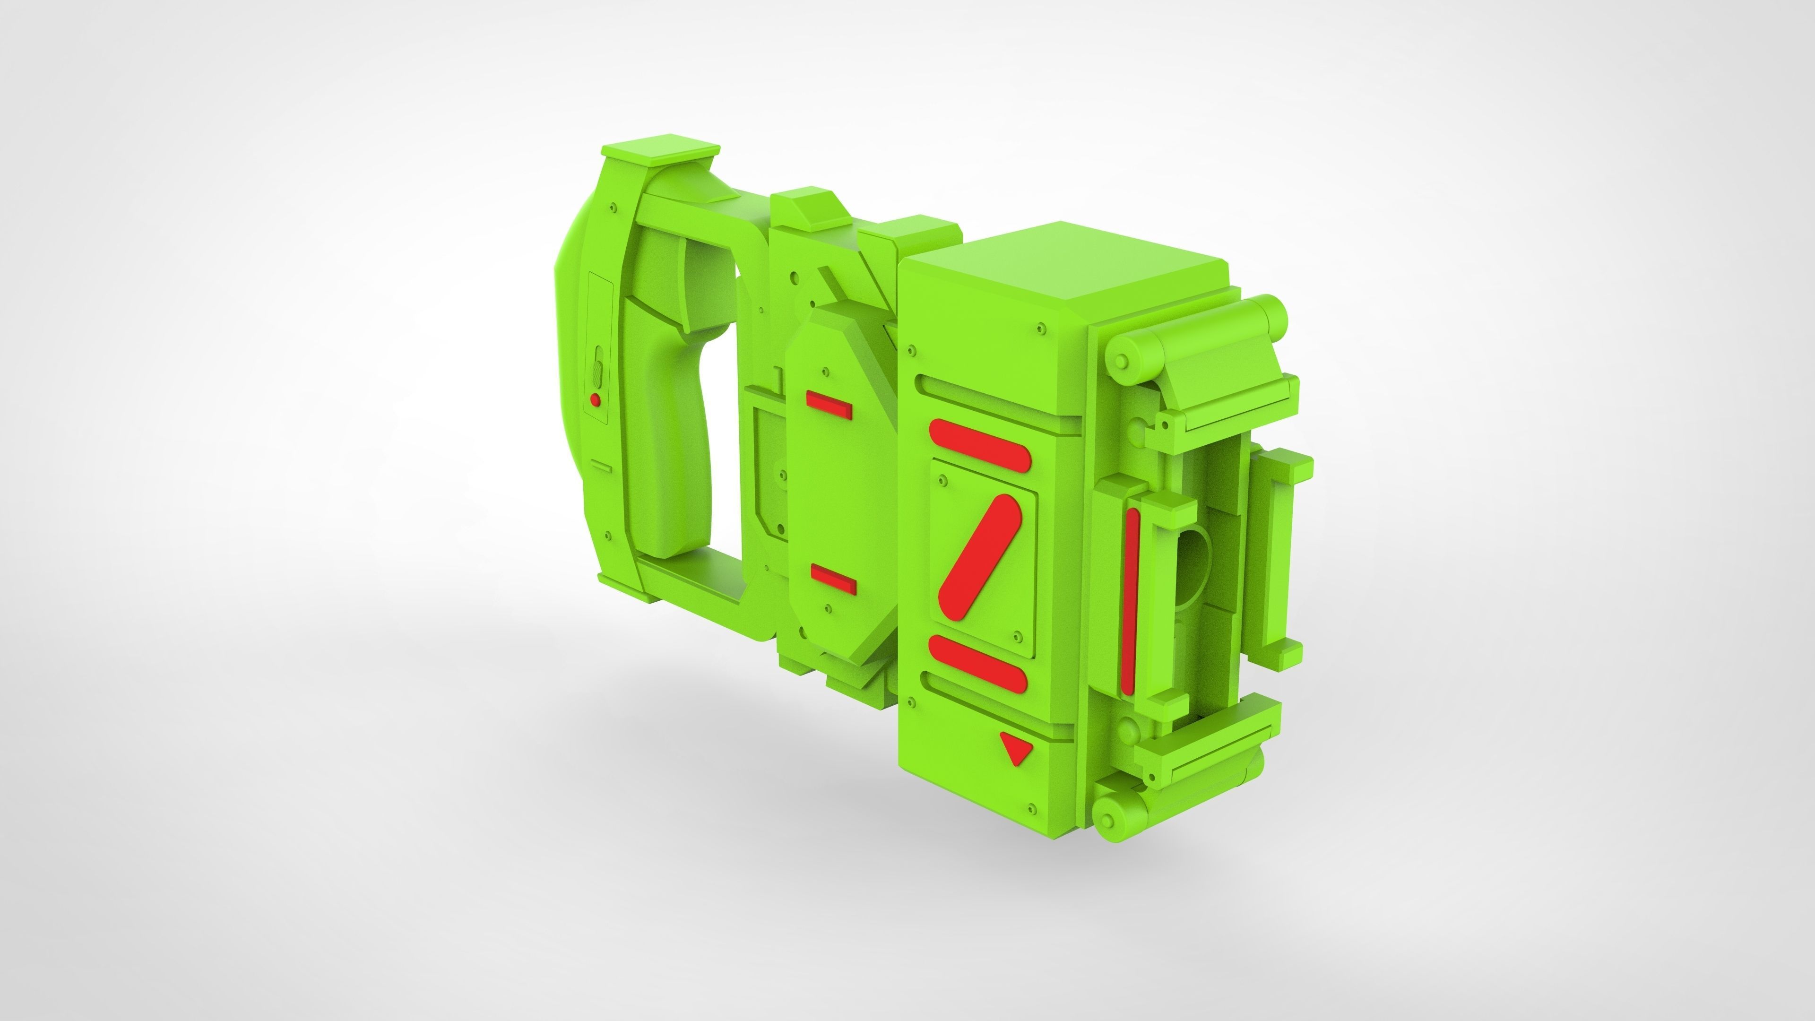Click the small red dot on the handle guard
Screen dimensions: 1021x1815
point(596,399)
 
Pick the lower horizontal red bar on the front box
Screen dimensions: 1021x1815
point(978,664)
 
